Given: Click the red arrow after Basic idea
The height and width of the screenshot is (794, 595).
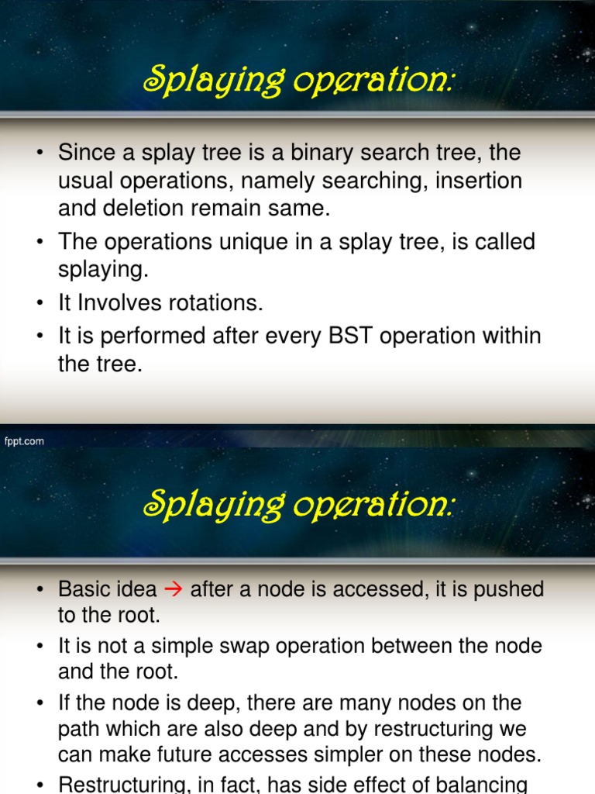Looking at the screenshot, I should pyautogui.click(x=174, y=589).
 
